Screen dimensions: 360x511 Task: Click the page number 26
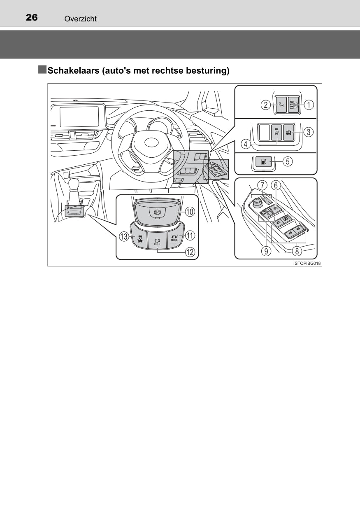(x=32, y=18)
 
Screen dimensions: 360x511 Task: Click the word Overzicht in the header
(x=81, y=19)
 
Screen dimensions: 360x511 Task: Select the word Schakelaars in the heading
(x=73, y=70)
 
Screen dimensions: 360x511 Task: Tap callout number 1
(x=309, y=105)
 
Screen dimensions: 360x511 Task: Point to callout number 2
(x=266, y=105)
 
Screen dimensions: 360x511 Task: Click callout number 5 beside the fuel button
(x=288, y=161)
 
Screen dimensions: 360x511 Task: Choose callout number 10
(x=190, y=212)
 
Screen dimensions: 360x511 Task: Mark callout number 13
(x=124, y=236)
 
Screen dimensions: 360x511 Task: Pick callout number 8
(x=297, y=251)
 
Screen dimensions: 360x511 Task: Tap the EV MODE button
(x=174, y=239)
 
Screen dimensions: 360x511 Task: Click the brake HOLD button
(x=157, y=240)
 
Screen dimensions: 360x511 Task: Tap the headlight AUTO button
(x=288, y=132)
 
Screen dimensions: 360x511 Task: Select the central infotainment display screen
(x=79, y=117)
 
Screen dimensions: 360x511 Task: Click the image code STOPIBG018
(x=307, y=263)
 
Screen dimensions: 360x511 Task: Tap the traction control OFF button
(x=139, y=238)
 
